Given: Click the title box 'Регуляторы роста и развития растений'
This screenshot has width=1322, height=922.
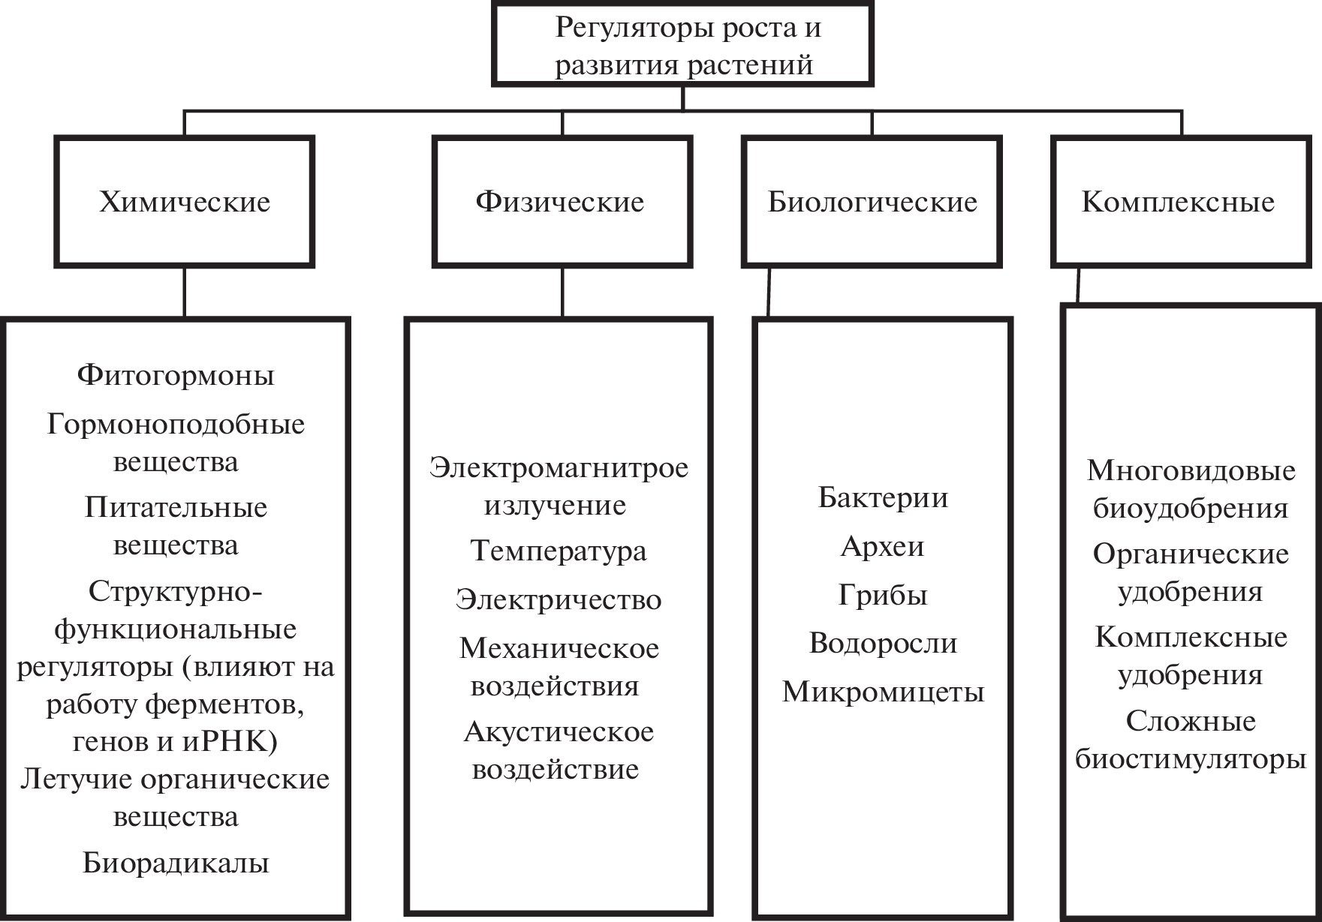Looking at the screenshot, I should tap(682, 45).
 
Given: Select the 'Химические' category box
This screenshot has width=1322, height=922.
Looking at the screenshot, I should tap(185, 201).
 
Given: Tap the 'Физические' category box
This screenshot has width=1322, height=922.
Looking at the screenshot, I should tap(562, 201).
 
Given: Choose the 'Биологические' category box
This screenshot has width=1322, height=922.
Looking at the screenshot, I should tap(872, 201).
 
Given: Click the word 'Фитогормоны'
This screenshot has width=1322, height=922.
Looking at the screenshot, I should tap(176, 375).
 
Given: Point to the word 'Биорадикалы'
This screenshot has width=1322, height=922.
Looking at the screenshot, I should tap(176, 863).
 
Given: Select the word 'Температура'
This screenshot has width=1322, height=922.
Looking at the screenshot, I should tap(559, 551).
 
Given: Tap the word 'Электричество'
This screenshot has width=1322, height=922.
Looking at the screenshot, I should tap(559, 599).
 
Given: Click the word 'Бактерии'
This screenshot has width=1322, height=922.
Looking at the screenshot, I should tap(883, 497).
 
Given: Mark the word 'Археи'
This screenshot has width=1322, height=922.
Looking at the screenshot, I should tap(883, 546).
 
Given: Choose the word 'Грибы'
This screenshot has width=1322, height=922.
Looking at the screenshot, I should tap(883, 595).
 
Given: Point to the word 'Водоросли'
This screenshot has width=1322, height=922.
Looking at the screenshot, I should tap(883, 643).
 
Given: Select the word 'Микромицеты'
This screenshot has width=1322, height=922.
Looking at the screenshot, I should tap(883, 692).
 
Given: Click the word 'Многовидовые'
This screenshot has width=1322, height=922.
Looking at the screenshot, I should tap(1191, 470).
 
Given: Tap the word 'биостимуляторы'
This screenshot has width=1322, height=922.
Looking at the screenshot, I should tap(1191, 759).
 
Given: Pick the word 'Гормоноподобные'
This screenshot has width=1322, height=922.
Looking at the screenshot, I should tap(176, 425).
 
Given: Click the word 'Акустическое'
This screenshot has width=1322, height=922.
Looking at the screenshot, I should tap(559, 731).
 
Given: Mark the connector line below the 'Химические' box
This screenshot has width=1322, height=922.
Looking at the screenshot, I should tap(185, 292).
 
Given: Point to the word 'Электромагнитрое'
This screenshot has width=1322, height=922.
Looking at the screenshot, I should tap(559, 467).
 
